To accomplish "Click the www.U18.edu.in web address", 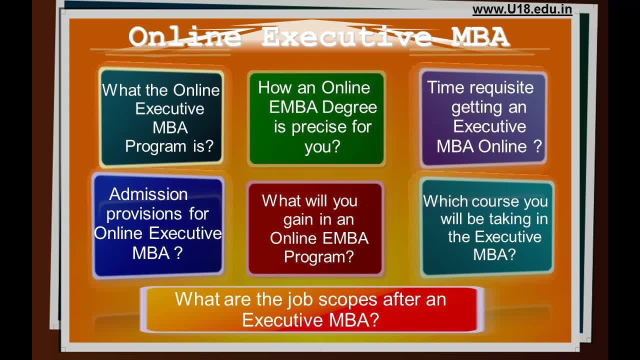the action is tap(522, 9).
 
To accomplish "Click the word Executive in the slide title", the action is tap(346, 37).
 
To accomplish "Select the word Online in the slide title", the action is tap(185, 37).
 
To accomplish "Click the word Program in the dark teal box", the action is tap(155, 147).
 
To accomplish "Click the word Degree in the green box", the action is tap(349, 107).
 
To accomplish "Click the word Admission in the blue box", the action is tap(148, 194).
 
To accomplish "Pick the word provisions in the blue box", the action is tap(144, 214).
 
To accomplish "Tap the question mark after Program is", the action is tap(209, 146).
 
